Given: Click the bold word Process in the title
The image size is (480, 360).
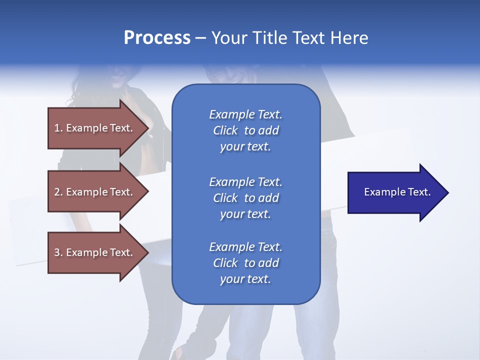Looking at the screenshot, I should pos(157,38).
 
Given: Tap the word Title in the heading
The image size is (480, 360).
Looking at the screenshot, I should pos(268,38).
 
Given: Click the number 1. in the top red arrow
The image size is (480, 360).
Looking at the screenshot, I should pos(58,128).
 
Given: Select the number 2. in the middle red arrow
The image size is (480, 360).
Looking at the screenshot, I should pos(58,192).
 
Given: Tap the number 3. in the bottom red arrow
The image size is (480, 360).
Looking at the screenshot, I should pos(58,252).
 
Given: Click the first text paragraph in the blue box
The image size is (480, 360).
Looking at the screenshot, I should pos(245,130).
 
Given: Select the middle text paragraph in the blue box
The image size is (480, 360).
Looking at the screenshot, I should pos(245,198).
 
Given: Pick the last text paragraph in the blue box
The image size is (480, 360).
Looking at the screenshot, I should pos(245,263).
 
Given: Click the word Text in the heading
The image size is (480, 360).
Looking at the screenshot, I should pos(309,38).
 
